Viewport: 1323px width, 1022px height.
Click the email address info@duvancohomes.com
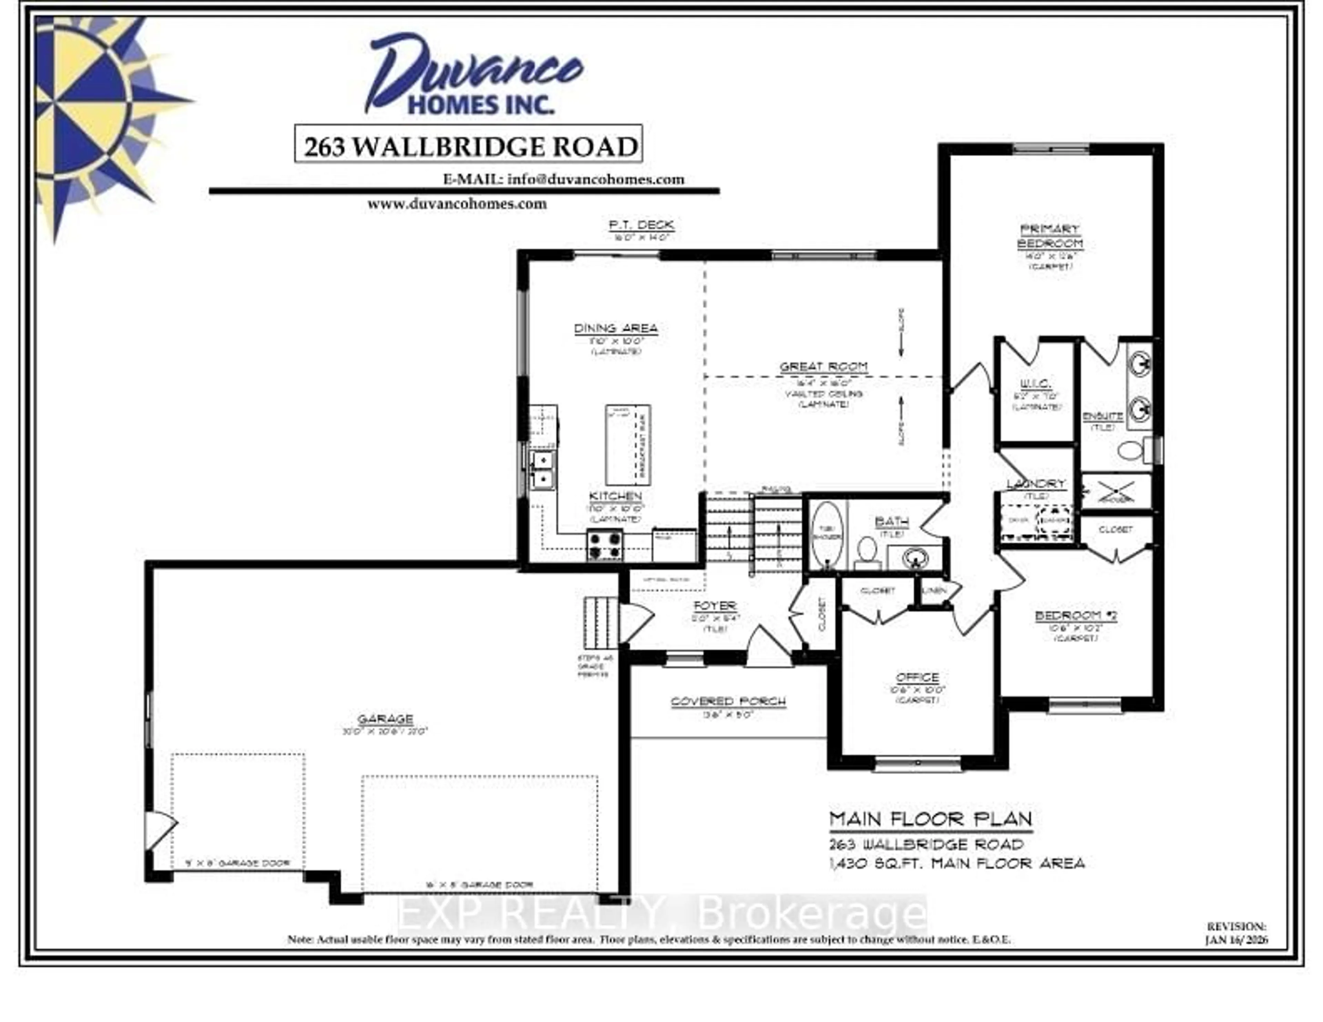pos(595,179)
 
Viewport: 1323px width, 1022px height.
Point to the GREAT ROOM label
pos(823,367)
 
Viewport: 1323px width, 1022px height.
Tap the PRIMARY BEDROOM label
pos(1050,236)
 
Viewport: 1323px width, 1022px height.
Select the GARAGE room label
pos(385,719)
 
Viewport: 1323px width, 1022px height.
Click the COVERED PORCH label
pos(728,702)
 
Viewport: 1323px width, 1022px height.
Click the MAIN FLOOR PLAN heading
pos(931,820)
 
